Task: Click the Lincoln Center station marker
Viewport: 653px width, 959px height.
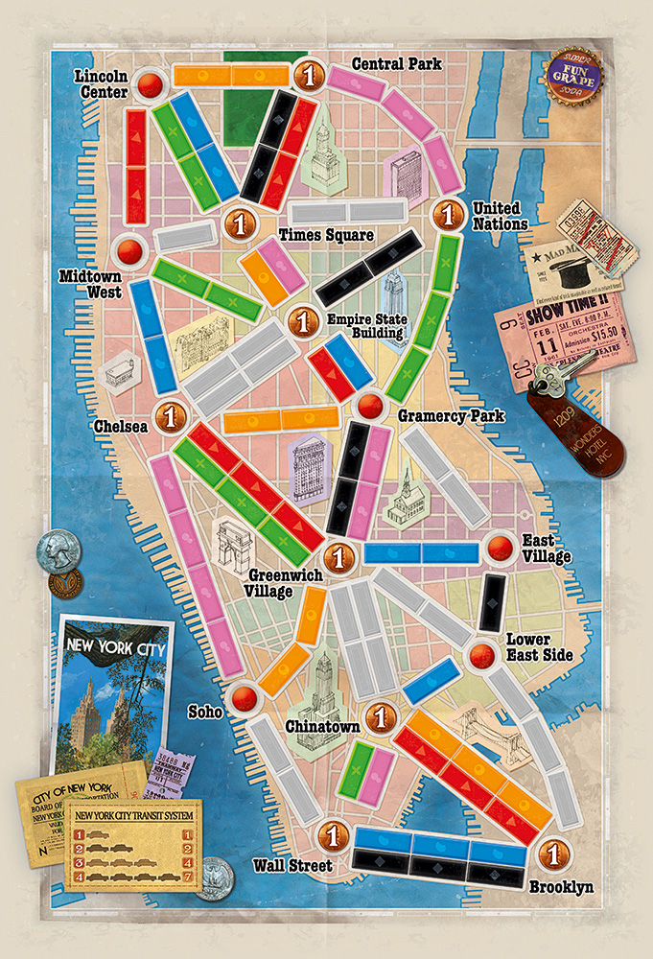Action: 149,86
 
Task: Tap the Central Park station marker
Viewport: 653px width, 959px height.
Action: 308,75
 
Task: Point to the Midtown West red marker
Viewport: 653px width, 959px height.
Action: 128,252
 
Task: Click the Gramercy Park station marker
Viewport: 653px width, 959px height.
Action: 367,406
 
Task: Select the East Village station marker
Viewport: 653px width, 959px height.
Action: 500,548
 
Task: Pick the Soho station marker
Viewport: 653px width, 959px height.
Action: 245,697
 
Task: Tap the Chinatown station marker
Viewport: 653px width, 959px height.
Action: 381,715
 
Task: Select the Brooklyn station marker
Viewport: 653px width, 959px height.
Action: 551,852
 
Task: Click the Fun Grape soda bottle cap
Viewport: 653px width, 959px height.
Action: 570,75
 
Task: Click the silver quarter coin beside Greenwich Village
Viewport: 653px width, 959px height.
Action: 54,550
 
